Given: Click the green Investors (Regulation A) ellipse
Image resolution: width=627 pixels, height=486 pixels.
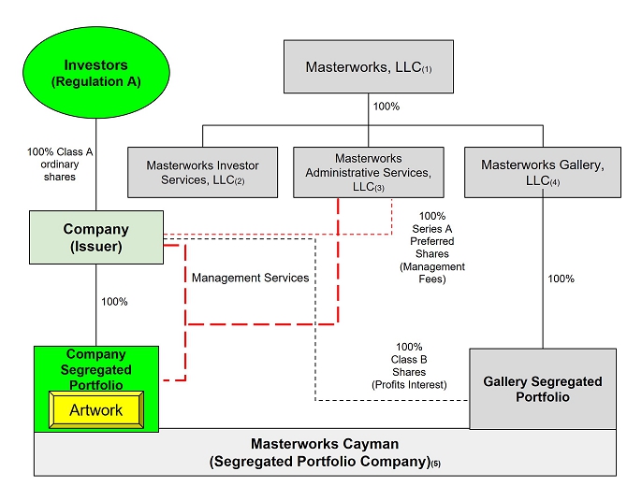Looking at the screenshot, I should pyautogui.click(x=95, y=72).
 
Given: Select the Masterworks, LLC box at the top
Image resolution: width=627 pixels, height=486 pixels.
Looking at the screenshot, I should pyautogui.click(x=368, y=67).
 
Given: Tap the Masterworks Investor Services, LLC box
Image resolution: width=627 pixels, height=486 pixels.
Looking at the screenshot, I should pyautogui.click(x=202, y=172).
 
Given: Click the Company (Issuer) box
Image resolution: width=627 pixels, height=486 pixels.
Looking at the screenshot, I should pyautogui.click(x=95, y=236).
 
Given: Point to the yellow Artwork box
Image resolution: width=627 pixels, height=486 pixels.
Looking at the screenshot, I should pyautogui.click(x=95, y=410).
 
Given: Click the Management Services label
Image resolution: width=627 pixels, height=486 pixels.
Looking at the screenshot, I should pyautogui.click(x=250, y=278).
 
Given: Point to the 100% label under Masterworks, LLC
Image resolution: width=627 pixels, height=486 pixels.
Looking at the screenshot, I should pyautogui.click(x=386, y=107).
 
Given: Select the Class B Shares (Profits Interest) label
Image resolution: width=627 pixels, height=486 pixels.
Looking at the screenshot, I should pyautogui.click(x=410, y=365).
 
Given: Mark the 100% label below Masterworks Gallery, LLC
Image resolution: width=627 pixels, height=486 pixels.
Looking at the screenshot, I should pyautogui.click(x=561, y=279).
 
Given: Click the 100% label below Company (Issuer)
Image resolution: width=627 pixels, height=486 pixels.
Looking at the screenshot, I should pyautogui.click(x=114, y=302).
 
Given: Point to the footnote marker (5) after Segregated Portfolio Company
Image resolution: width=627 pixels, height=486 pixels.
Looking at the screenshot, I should pyautogui.click(x=434, y=465).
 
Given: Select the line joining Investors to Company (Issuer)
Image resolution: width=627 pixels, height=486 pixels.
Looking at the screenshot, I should pyautogui.click(x=95, y=187).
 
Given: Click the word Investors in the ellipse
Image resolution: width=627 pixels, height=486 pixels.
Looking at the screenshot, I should pyautogui.click(x=95, y=64).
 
